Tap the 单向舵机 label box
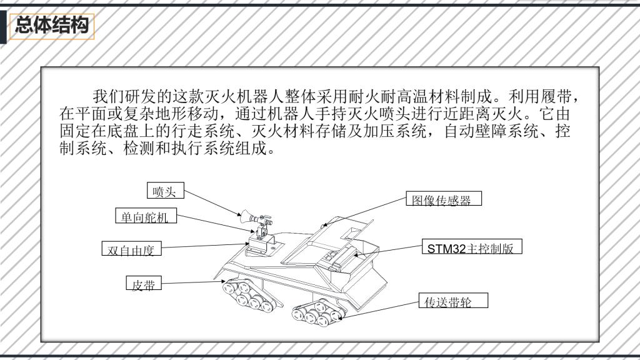(x=146, y=217)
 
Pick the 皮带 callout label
(x=143, y=286)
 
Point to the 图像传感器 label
(x=443, y=200)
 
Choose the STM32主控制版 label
(x=470, y=248)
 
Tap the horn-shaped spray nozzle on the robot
(x=249, y=219)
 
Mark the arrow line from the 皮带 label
(x=191, y=282)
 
